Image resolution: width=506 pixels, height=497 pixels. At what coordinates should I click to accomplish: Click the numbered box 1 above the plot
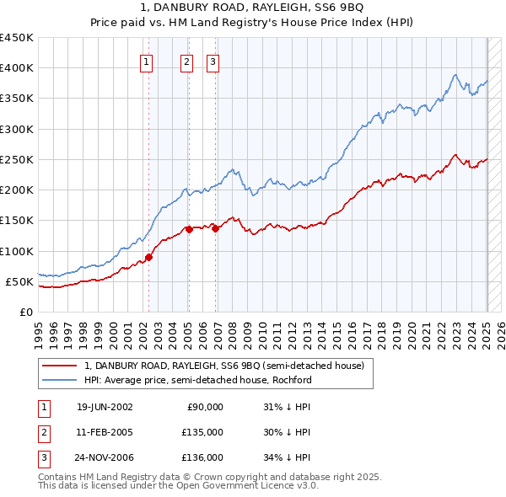(146, 61)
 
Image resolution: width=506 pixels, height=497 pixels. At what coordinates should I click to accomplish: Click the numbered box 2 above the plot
(186, 61)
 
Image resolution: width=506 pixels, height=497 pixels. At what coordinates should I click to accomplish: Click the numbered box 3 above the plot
(213, 61)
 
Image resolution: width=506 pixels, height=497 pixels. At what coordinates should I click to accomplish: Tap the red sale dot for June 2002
(149, 257)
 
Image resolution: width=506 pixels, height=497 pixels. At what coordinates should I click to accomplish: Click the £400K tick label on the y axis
(17, 68)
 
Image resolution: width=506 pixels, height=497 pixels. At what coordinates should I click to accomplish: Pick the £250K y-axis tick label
(17, 159)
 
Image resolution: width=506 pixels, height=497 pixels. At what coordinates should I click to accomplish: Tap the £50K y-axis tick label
(20, 281)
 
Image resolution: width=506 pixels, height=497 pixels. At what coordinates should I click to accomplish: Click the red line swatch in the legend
(59, 366)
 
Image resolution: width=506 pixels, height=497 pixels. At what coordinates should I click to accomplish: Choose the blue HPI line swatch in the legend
(59, 380)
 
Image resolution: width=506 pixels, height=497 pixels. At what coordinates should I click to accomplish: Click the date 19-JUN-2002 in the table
(105, 407)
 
